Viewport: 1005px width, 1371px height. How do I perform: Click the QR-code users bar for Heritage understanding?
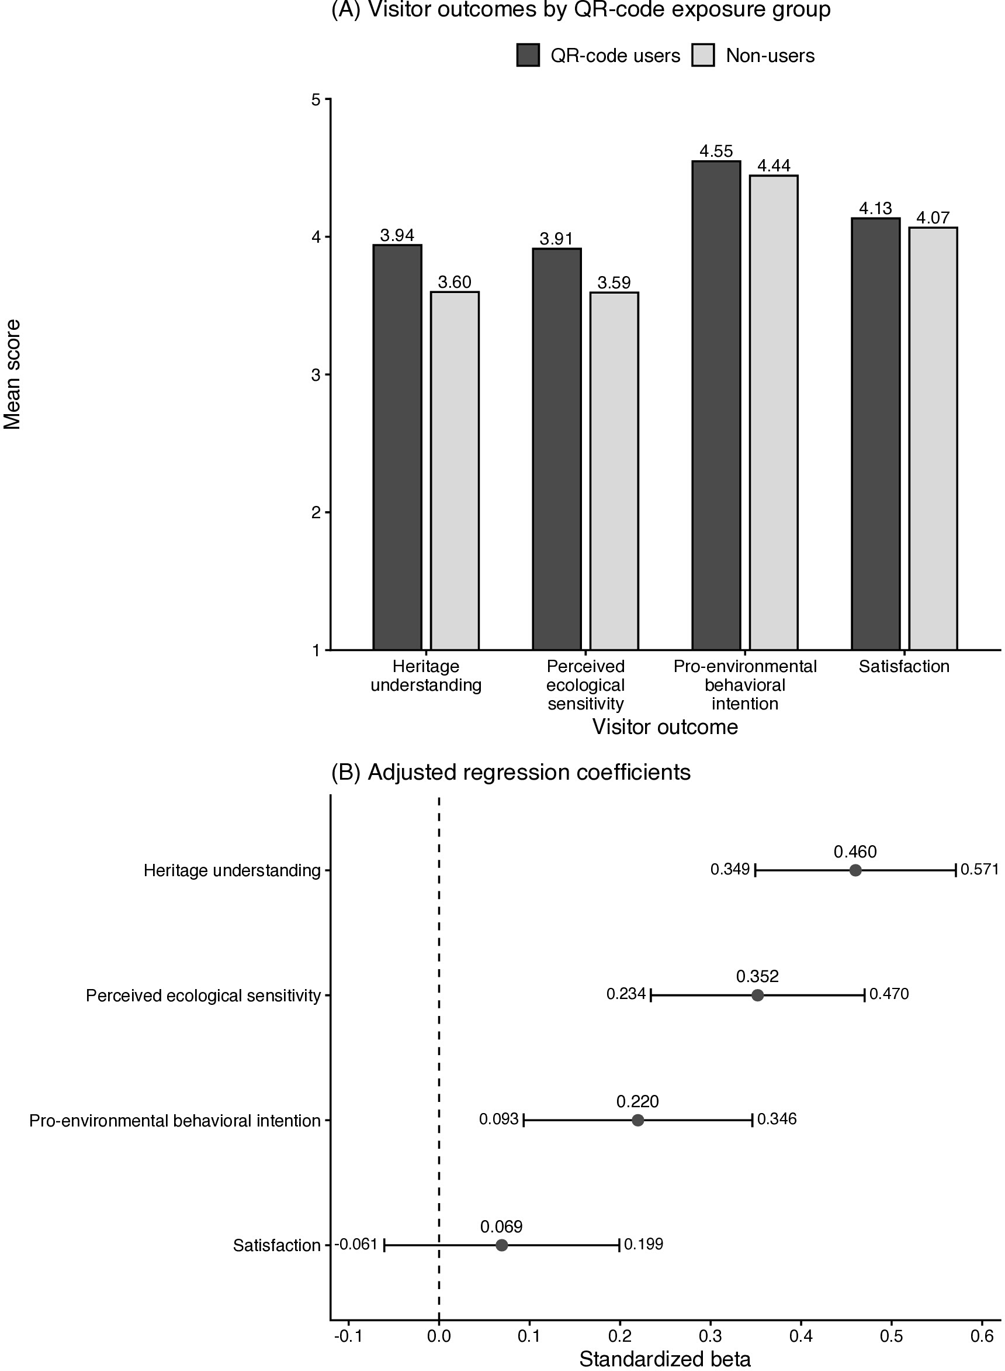(397, 447)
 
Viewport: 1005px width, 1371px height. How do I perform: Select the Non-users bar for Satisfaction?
(933, 438)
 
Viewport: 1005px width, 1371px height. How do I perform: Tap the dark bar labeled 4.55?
(716, 405)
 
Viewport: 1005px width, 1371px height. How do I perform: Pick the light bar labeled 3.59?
(614, 471)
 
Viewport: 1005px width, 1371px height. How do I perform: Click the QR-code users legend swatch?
(528, 56)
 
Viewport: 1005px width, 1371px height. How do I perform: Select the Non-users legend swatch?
(703, 56)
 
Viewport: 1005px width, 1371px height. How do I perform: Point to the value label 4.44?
(774, 166)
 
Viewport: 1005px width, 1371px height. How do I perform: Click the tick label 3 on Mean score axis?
(316, 375)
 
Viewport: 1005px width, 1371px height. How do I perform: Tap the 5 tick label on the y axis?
(316, 99)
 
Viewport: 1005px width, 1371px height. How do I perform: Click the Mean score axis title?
(12, 374)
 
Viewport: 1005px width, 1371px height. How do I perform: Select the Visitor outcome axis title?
(665, 727)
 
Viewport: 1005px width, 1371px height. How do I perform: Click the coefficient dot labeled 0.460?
(855, 870)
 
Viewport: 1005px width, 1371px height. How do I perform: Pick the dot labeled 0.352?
(757, 995)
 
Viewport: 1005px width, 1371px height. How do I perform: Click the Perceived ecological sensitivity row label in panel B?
(203, 995)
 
